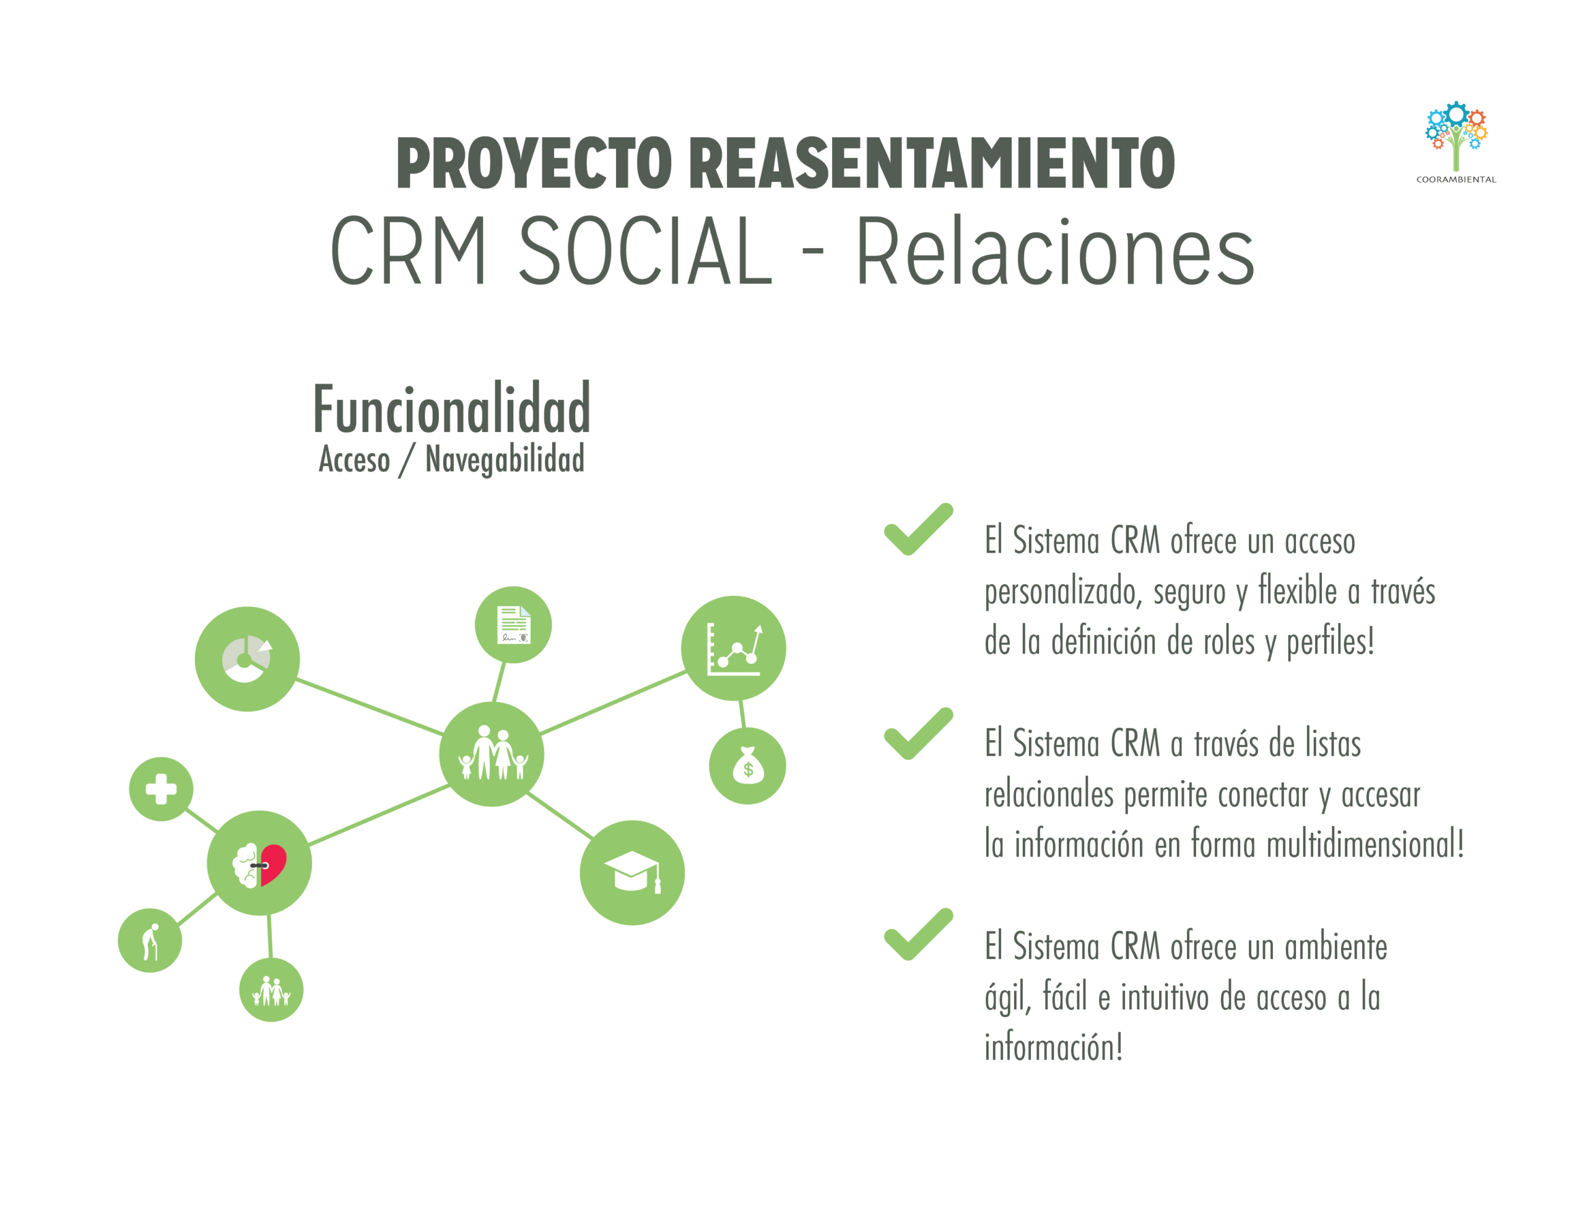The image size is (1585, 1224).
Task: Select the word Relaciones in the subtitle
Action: (1054, 251)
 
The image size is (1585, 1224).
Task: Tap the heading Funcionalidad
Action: (451, 409)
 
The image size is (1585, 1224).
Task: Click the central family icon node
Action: (492, 754)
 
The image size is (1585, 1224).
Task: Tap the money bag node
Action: (747, 766)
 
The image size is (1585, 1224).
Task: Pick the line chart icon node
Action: (733, 648)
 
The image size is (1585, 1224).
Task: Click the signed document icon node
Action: (513, 625)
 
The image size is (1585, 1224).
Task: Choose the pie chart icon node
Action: (247, 659)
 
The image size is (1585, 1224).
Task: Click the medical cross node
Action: (161, 789)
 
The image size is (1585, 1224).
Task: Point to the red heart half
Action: (274, 863)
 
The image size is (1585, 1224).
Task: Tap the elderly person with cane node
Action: (149, 941)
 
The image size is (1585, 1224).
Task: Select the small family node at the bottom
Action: (271, 989)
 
